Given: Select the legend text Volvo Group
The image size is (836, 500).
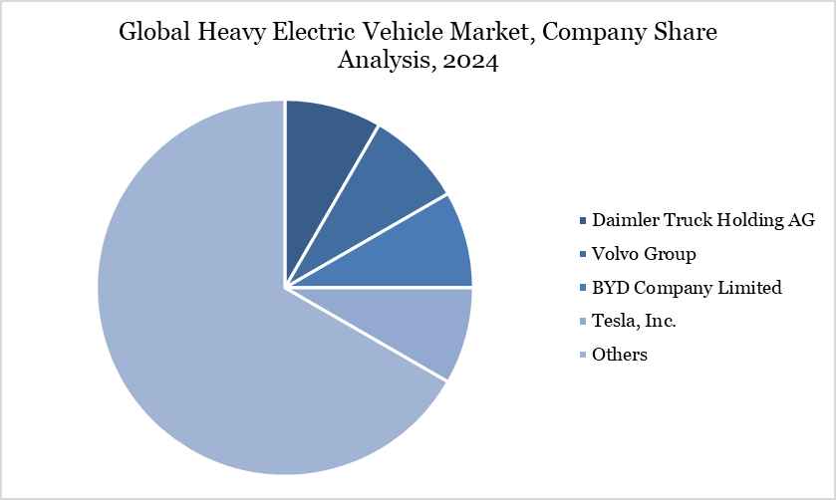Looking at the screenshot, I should coord(644,253).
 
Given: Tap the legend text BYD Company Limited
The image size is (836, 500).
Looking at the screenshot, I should coord(687,287).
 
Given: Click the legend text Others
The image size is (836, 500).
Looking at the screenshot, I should coord(619,354).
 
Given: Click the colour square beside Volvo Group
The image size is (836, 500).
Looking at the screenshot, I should coord(582,254).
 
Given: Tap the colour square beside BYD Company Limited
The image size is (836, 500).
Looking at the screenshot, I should coord(582,288).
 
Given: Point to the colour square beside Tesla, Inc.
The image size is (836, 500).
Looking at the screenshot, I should coord(582,322).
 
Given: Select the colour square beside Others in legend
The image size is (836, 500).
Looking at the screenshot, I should coord(582,355).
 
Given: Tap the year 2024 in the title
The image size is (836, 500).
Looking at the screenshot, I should coord(472,61).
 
